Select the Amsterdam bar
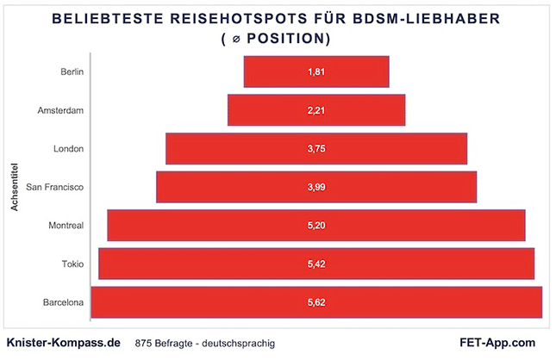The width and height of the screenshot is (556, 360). (x=259, y=110)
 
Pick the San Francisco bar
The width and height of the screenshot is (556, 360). (x=216, y=187)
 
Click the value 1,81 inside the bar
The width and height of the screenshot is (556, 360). (x=316, y=71)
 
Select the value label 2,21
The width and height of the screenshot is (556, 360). (x=316, y=110)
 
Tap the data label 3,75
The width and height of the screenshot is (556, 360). (x=316, y=148)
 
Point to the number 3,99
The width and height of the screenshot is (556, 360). (x=316, y=187)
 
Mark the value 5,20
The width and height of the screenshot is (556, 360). (x=316, y=225)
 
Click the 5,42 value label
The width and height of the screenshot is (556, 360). (x=316, y=264)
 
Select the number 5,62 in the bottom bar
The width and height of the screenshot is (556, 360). (x=316, y=302)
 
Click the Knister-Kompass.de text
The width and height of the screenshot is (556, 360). (x=63, y=342)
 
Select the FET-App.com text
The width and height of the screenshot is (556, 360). (x=498, y=342)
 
